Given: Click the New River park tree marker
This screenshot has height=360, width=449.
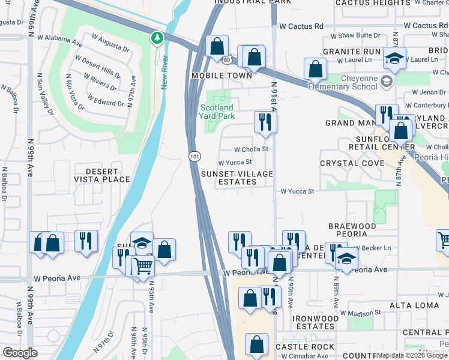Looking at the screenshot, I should coord(157,38).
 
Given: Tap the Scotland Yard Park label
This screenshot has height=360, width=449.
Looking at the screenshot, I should coord(217,112).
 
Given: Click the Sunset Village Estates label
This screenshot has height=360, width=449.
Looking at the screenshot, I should coord(237,178).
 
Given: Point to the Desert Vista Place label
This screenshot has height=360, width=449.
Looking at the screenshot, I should coord(101,175).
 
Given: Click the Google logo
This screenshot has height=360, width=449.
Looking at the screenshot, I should coord(20,353).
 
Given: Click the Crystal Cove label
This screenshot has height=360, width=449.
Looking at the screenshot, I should coord(352,163).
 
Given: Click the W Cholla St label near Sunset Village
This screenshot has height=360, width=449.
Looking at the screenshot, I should coord(250,149).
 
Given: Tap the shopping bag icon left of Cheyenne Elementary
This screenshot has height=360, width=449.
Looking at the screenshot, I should coord(315,69).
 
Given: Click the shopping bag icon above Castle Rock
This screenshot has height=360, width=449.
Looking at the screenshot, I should coord(256,345).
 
